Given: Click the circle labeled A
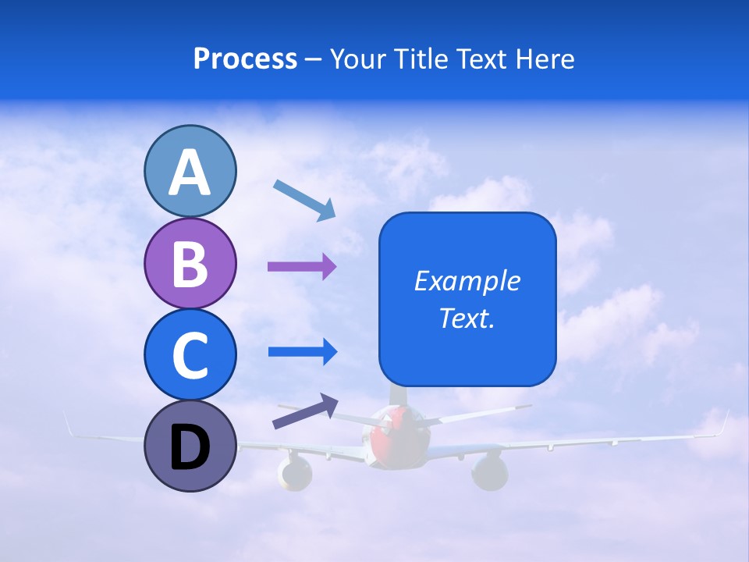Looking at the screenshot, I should tap(190, 171).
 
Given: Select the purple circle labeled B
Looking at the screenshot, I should tap(190, 263).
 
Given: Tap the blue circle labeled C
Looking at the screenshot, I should tap(190, 354).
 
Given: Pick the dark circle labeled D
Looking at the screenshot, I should tap(190, 446).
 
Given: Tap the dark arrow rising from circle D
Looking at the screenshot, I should tap(305, 411).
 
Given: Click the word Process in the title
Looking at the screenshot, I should tap(245, 59).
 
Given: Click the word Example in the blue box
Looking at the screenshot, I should tap(467, 281).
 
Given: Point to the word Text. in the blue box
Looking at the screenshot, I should tap(467, 318).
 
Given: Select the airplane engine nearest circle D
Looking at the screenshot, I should tap(294, 471).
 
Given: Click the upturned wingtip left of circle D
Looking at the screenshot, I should tap(69, 425).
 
